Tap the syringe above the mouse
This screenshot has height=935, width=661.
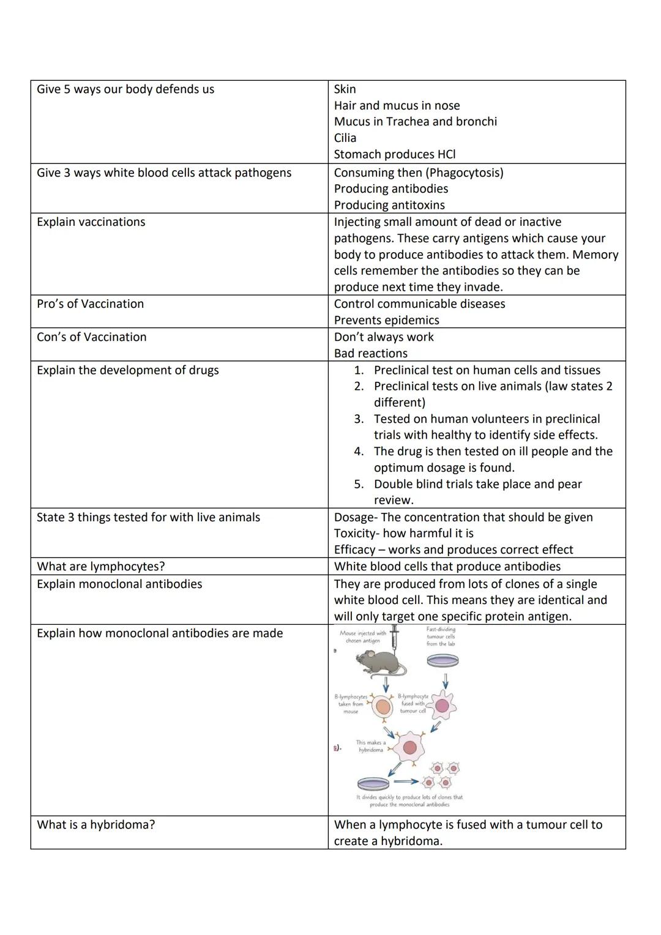tap(395, 636)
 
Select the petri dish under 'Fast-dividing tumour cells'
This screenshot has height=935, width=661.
tap(442, 660)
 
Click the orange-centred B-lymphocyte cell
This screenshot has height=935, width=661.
tap(383, 707)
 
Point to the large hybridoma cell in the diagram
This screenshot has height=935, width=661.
tap(409, 747)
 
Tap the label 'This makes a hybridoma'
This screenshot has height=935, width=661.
tap(371, 746)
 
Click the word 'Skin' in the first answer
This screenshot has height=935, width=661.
tap(345, 89)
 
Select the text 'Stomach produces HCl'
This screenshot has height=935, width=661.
tap(395, 154)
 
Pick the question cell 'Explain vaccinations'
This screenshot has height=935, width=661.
tap(91, 222)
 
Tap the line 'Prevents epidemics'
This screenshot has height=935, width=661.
tap(386, 320)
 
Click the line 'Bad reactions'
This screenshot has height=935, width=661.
tap(370, 353)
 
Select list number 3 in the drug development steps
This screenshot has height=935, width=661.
tap(359, 419)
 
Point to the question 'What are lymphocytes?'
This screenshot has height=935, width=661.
tap(101, 567)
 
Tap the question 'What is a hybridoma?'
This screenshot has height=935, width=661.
tap(96, 825)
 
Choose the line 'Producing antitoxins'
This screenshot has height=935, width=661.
tap(389, 205)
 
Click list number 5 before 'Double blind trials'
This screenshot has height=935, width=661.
tap(359, 484)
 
